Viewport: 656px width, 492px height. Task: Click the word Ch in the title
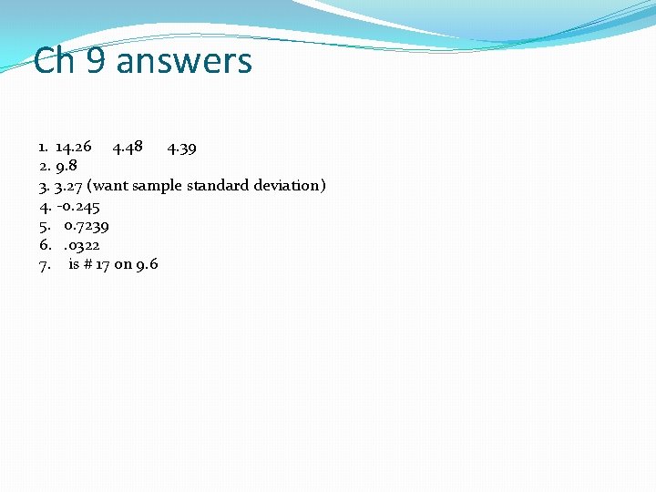pos(53,61)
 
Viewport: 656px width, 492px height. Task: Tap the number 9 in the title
pos(96,61)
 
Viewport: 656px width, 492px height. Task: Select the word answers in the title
pos(184,61)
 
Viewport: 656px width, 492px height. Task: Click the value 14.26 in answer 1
pos(73,147)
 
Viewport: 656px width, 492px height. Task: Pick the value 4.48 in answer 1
pos(127,147)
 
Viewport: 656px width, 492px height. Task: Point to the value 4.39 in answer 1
pos(181,147)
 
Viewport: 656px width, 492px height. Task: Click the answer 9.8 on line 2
pos(67,166)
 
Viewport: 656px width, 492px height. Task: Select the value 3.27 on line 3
pos(68,186)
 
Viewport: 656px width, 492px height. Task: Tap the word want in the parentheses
pos(109,186)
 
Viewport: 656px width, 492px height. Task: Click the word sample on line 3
pos(158,186)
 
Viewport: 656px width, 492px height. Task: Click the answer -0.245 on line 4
pos(77,206)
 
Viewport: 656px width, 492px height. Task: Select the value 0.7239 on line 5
pos(87,225)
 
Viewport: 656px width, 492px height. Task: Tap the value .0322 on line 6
pos(81,245)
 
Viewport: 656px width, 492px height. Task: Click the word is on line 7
pos(74,264)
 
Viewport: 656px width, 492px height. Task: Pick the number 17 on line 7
pos(103,264)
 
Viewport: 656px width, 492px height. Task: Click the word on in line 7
pos(123,264)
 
